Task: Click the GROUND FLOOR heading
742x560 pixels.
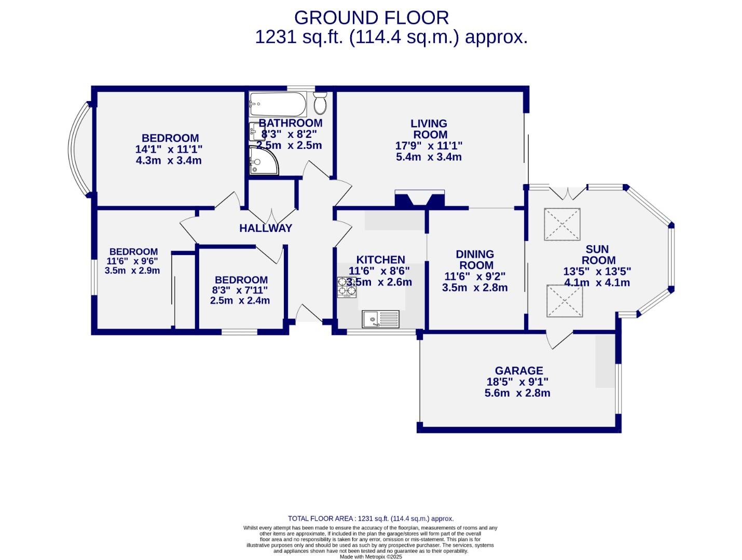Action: click(x=371, y=18)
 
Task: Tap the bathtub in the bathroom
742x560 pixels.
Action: click(x=278, y=105)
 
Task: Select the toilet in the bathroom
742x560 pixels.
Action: click(x=320, y=104)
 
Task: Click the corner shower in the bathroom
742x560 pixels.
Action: click(x=262, y=160)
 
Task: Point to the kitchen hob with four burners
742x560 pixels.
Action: click(x=347, y=287)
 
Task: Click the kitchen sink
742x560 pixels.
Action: click(x=381, y=319)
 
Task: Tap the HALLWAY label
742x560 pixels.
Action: click(x=266, y=228)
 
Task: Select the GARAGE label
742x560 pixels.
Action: click(x=518, y=371)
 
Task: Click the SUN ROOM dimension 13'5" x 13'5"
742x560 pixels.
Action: click(x=597, y=271)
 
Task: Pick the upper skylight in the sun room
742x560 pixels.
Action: click(x=562, y=224)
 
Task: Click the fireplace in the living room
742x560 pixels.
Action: click(x=420, y=199)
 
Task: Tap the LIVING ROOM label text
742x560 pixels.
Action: click(x=429, y=129)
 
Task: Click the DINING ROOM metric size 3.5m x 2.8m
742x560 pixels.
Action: click(x=475, y=288)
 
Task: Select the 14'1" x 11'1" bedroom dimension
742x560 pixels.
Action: click(x=169, y=149)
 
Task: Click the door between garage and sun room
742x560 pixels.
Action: click(x=559, y=339)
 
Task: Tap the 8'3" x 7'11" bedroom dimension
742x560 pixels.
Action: click(x=240, y=290)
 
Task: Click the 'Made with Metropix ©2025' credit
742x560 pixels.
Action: click(x=370, y=557)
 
